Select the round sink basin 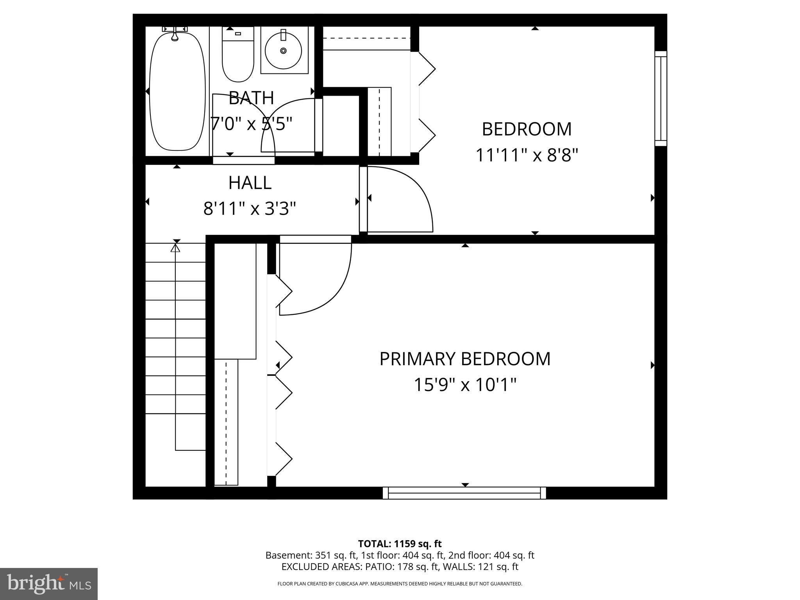click(x=283, y=50)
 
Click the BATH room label click(x=251, y=98)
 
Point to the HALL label click(x=250, y=183)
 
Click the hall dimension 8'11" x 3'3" click(x=250, y=209)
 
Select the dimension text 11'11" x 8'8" click(x=527, y=155)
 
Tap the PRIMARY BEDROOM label click(x=465, y=359)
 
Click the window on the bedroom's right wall click(x=661, y=98)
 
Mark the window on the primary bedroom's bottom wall click(x=464, y=493)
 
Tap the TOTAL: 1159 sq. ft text click(x=400, y=544)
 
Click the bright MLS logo click(x=48, y=584)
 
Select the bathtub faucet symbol click(x=175, y=34)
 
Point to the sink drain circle click(x=283, y=50)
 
